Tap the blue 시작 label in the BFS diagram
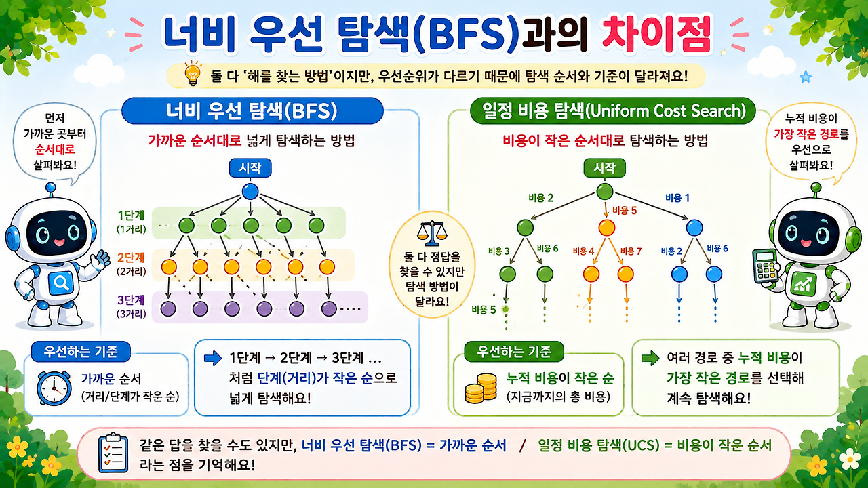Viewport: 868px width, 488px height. (x=250, y=168)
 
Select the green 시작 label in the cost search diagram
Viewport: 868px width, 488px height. (x=604, y=168)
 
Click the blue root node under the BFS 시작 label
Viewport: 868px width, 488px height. (x=250, y=192)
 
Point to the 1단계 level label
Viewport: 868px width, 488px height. (x=132, y=216)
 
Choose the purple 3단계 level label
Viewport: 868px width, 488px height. (x=132, y=300)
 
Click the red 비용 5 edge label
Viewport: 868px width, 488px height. (x=625, y=210)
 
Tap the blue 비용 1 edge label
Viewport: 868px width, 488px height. (x=677, y=198)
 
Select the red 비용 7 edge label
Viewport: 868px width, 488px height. (x=631, y=251)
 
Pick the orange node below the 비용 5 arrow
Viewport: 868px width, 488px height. (x=607, y=228)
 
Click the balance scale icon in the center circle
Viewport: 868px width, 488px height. (x=432, y=234)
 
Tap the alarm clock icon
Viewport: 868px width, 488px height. (x=54, y=388)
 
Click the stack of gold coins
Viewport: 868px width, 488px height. (x=481, y=388)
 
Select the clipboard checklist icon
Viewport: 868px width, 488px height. (x=113, y=453)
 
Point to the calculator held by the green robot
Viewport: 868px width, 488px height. (x=765, y=266)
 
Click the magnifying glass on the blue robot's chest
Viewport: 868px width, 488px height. (x=61, y=283)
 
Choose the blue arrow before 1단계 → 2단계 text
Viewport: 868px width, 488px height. (x=213, y=358)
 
